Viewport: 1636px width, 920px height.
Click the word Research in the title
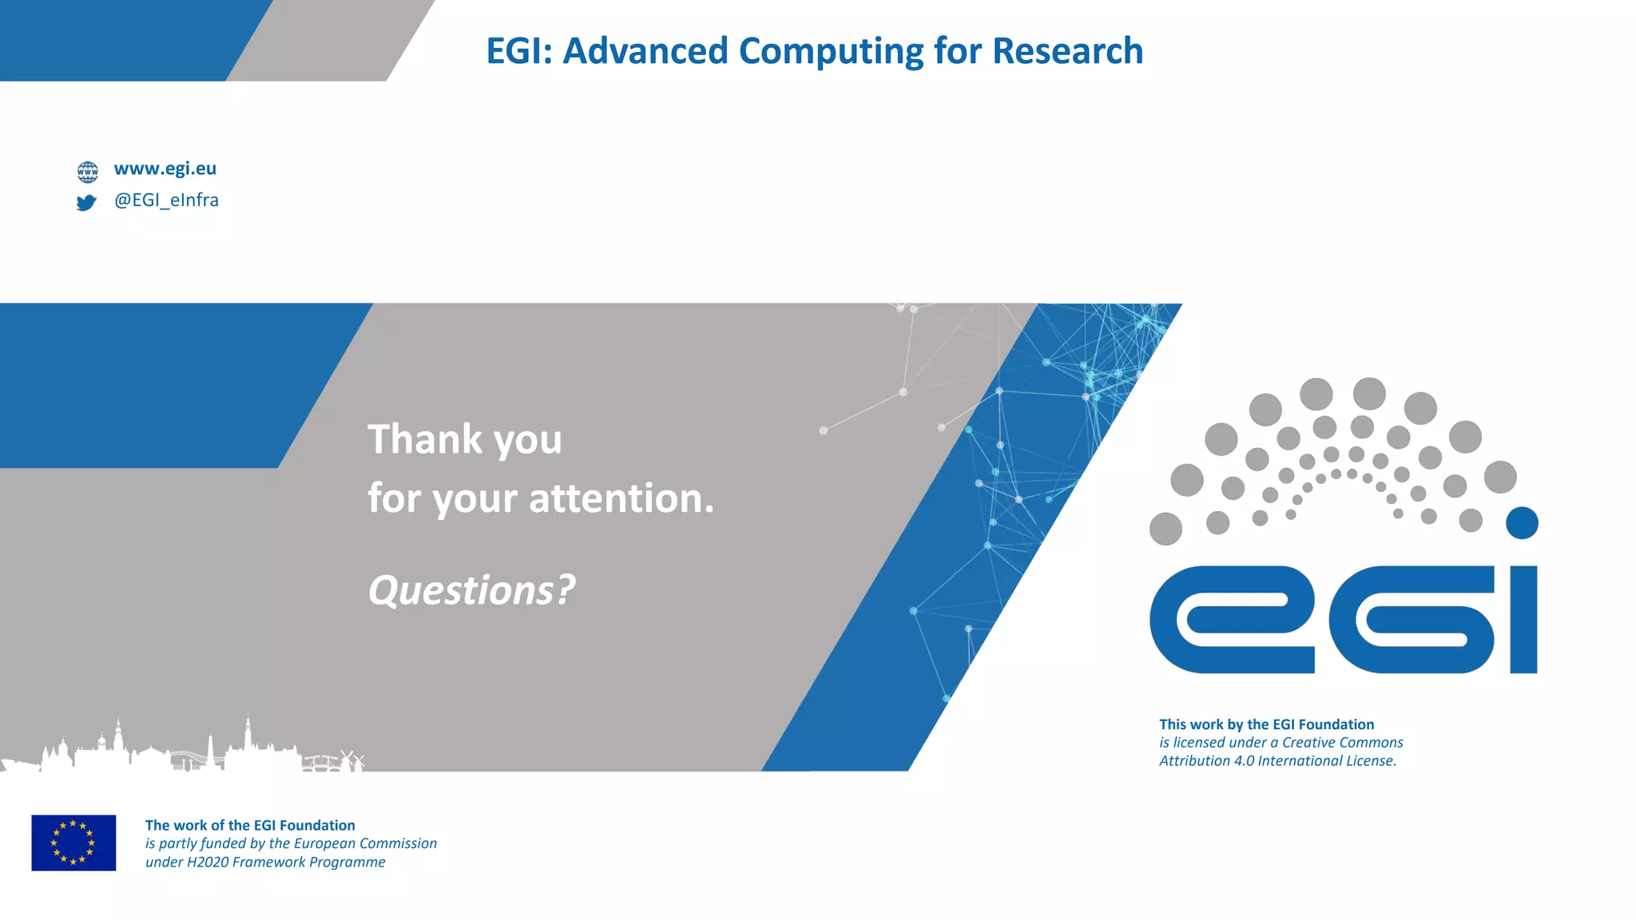[x=1067, y=51]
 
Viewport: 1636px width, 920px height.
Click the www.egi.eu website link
[x=165, y=169]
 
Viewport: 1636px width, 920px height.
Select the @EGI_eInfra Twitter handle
[x=166, y=200]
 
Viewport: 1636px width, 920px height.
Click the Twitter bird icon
[x=86, y=203]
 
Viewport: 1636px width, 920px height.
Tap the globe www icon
[x=87, y=171]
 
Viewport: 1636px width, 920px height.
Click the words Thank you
[x=464, y=439]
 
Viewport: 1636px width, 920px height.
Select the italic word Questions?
[x=471, y=590]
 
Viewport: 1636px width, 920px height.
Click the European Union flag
[x=73, y=843]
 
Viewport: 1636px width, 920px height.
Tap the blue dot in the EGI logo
[x=1521, y=523]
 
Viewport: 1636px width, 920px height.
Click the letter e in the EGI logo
[x=1231, y=620]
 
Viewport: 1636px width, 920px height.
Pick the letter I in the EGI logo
[x=1523, y=620]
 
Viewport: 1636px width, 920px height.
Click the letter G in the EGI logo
[x=1411, y=620]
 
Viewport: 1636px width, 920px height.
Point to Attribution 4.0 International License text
[x=1277, y=761]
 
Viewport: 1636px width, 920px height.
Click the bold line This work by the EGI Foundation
[x=1266, y=724]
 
